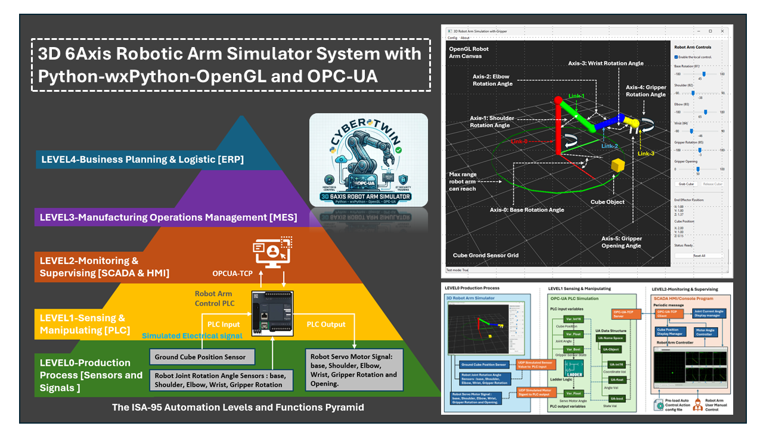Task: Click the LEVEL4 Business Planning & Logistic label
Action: (142, 159)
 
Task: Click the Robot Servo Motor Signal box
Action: (353, 370)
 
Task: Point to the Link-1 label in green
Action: (576, 96)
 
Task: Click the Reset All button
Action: (698, 256)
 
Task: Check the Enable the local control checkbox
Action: (676, 58)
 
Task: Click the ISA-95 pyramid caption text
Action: (238, 408)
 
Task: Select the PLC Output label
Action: (326, 324)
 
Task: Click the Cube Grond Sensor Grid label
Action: (485, 255)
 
